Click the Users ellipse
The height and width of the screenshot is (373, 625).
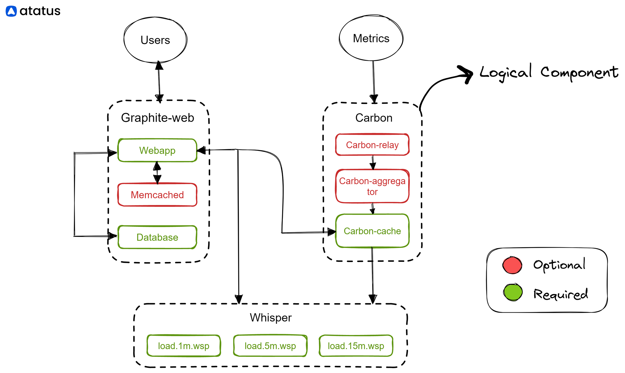(155, 40)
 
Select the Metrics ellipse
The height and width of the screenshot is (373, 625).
(371, 38)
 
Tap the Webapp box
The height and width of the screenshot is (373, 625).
(157, 150)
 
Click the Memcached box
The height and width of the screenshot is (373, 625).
(157, 195)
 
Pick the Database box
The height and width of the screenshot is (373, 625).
(157, 237)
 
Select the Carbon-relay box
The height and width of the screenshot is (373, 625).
(372, 145)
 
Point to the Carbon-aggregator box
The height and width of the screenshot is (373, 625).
(372, 186)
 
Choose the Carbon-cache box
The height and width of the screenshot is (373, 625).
(372, 231)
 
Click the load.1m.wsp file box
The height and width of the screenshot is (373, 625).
(184, 346)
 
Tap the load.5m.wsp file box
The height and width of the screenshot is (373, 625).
(270, 346)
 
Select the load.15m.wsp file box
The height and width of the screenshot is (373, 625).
(356, 346)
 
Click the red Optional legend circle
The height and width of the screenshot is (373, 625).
(512, 265)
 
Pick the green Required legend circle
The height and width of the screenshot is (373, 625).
(513, 292)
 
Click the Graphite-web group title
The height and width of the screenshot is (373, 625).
(158, 118)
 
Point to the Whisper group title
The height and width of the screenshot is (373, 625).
(271, 318)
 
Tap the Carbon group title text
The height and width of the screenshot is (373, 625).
(374, 118)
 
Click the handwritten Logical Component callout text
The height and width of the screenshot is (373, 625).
(549, 72)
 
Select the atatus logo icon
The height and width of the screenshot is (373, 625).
(11, 11)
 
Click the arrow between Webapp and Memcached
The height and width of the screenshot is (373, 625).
(157, 172)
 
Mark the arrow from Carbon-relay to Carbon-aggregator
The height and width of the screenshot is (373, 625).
(373, 163)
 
